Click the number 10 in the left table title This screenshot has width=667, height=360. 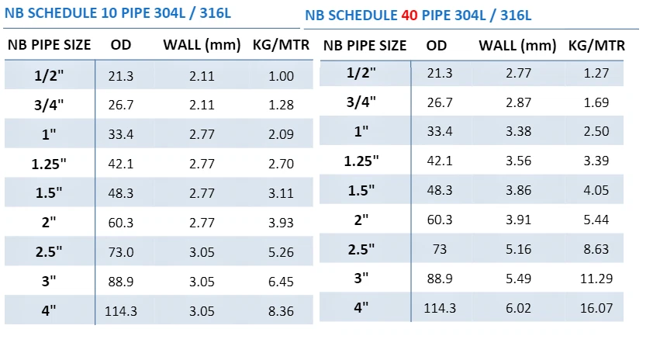point(115,13)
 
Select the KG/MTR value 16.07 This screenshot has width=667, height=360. point(596,308)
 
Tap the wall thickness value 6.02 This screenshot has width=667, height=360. point(518,308)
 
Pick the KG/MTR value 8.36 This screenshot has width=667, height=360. point(281,311)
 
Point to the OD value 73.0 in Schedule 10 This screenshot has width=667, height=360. point(121,252)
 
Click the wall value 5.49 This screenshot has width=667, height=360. point(518,279)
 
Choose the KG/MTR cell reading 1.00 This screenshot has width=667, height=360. point(281,76)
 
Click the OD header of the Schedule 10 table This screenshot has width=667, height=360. point(121,44)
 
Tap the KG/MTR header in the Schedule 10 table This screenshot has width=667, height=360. point(282,44)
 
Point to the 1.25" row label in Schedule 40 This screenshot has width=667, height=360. point(361,161)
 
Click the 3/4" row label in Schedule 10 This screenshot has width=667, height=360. point(49,105)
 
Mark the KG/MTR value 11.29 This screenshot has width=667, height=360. point(596,279)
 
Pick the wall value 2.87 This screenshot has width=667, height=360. point(518,102)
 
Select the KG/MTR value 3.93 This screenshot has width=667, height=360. point(281,223)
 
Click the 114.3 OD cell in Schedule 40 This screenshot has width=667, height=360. point(440,308)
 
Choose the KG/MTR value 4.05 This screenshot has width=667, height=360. point(596,190)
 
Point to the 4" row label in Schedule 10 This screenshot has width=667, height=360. point(49,311)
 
